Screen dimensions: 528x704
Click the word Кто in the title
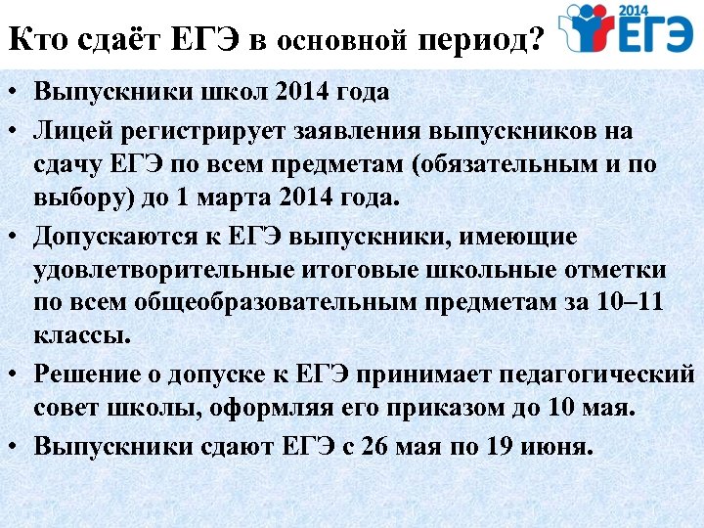(38, 40)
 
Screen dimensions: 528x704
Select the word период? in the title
(479, 41)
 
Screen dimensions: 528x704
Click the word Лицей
(67, 131)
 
